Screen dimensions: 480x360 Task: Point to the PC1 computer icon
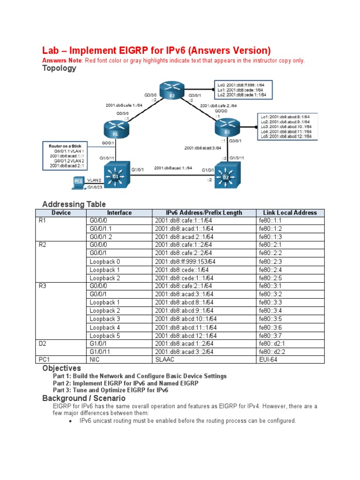pyautogui.click(x=77, y=182)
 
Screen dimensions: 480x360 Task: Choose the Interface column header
pyautogui.click(x=120, y=212)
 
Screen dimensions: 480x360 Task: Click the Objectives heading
pyautogui.click(x=61, y=368)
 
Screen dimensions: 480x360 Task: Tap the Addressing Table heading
pyautogui.click(x=74, y=204)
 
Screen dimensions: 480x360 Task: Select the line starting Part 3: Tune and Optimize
pyautogui.click(x=110, y=390)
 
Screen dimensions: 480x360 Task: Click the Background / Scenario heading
pyautogui.click(x=84, y=398)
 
